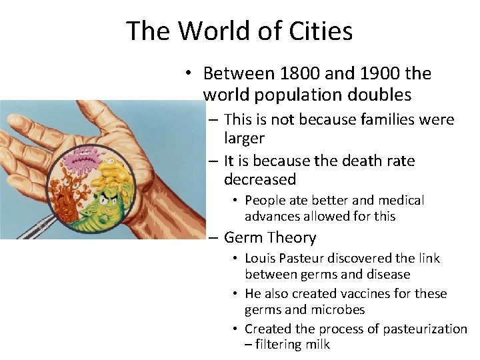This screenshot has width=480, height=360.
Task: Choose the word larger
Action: (x=244, y=139)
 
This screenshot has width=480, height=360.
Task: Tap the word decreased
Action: (x=260, y=179)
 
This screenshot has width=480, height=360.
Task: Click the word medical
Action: (x=400, y=201)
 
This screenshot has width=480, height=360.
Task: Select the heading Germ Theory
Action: (x=270, y=238)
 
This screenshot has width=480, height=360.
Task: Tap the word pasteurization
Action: (x=421, y=329)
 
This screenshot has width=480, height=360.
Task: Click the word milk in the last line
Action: (x=317, y=345)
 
